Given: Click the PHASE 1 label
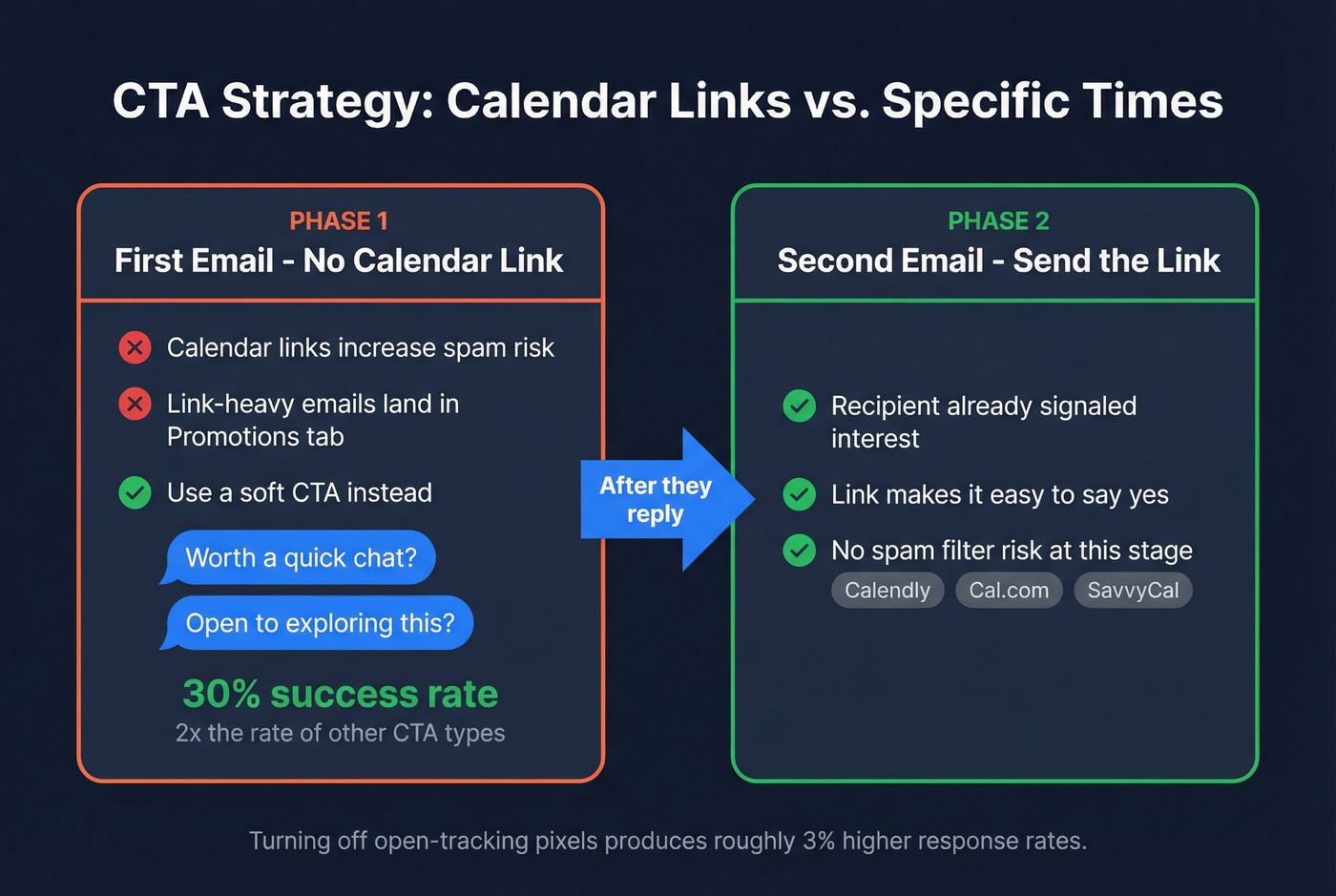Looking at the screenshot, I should pos(339,221).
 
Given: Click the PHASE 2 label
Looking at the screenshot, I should pos(998,221).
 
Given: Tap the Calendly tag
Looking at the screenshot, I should pos(887,591).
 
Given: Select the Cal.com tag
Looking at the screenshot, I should pos(1009,591).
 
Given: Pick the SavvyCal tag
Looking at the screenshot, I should pos(1133,591).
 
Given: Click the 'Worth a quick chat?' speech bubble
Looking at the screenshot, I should pos(301,557).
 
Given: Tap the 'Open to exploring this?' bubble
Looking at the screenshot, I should pos(320,623).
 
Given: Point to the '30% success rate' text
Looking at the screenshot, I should pos(340,694).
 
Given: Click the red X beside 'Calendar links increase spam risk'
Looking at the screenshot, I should pos(135,347).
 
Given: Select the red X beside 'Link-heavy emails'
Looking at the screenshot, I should pos(135,405).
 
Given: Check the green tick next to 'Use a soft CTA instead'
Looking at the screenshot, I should pos(135,493).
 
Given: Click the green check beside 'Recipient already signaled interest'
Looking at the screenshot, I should pos(799,406).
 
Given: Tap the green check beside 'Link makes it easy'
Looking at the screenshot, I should pos(799,495).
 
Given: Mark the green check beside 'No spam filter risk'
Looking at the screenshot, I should pos(799,551).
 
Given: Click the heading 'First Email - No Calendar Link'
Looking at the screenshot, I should pos(339,260).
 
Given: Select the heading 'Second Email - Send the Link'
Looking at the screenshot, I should pos(998,260).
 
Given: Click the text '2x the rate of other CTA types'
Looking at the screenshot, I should pos(340,733).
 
